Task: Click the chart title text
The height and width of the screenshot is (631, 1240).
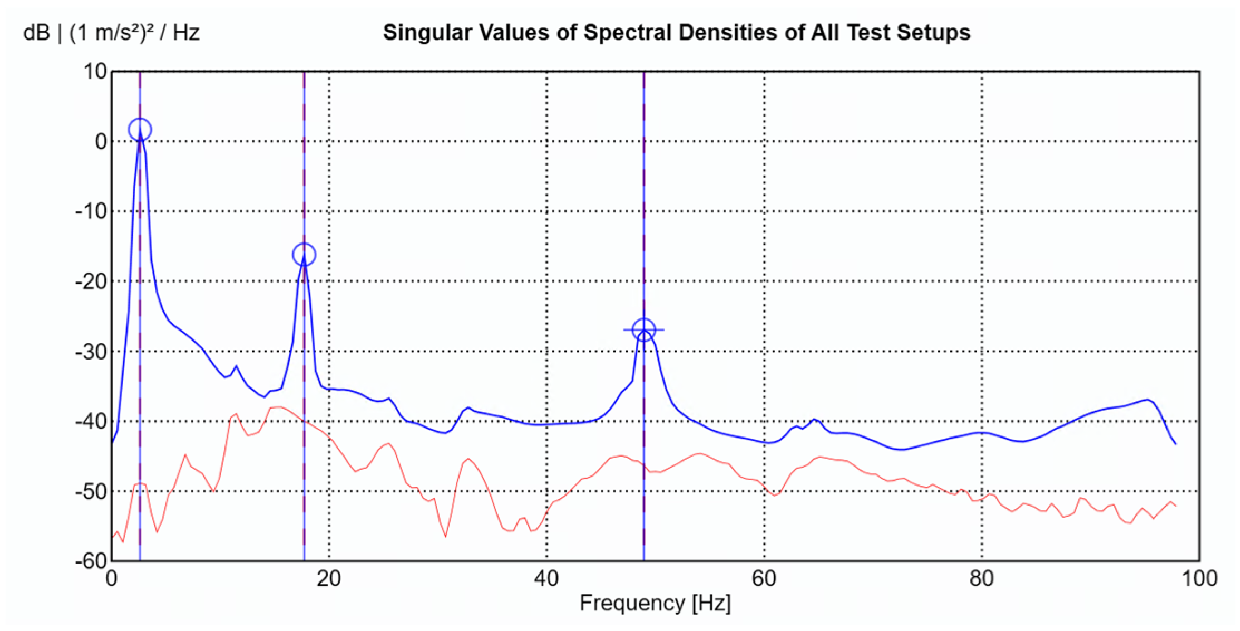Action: click(676, 32)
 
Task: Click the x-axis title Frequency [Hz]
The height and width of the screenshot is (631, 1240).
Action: click(655, 603)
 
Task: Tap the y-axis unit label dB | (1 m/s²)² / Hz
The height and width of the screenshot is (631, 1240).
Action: click(111, 32)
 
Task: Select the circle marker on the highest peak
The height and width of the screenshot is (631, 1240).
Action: click(140, 129)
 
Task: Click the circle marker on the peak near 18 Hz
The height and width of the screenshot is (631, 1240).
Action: click(304, 255)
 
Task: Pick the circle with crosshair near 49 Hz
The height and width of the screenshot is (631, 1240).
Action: click(644, 330)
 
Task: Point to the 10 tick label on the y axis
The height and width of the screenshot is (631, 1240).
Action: click(95, 71)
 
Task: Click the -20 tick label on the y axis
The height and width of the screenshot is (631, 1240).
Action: click(91, 281)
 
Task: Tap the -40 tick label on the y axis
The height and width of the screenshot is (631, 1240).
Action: click(91, 421)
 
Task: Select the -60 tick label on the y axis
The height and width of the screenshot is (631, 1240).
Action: click(91, 561)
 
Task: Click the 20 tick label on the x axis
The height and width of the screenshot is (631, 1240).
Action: click(329, 579)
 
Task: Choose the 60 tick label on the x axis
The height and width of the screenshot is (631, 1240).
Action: click(764, 579)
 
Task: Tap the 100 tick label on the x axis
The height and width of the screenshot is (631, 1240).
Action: click(1199, 579)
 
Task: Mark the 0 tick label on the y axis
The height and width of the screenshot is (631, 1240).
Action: click(101, 142)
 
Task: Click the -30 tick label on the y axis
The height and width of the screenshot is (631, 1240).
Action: click(91, 352)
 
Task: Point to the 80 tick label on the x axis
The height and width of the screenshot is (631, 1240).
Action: click(982, 579)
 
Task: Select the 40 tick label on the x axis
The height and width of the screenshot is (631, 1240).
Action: click(546, 579)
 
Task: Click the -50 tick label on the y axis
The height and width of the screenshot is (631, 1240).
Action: click(91, 492)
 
